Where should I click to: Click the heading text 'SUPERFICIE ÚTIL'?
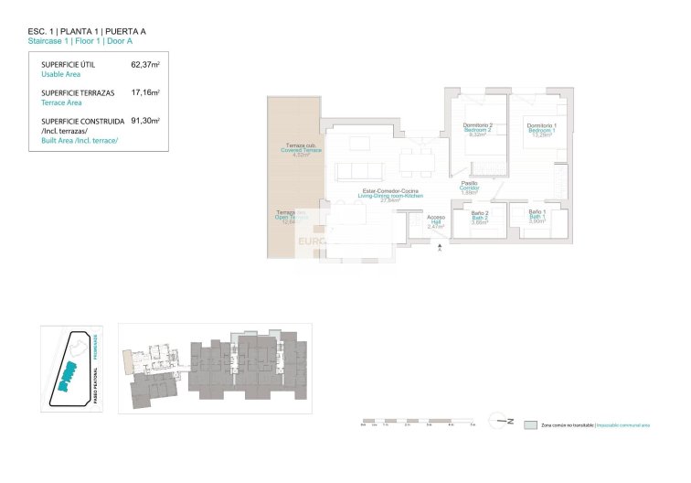tap(69, 65)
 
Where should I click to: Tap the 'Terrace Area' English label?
tap(62, 103)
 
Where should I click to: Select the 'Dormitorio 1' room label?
tap(541, 125)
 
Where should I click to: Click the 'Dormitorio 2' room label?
tap(477, 125)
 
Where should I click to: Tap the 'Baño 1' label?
tap(537, 213)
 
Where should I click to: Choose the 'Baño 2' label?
tap(480, 213)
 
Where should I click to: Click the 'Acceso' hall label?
tap(435, 218)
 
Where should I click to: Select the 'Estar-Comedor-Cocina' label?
tap(390, 191)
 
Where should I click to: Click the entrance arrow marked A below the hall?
tap(440, 247)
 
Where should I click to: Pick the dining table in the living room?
tap(417, 165)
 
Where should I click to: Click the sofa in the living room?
tap(358, 171)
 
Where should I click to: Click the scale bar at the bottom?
tap(416, 423)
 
